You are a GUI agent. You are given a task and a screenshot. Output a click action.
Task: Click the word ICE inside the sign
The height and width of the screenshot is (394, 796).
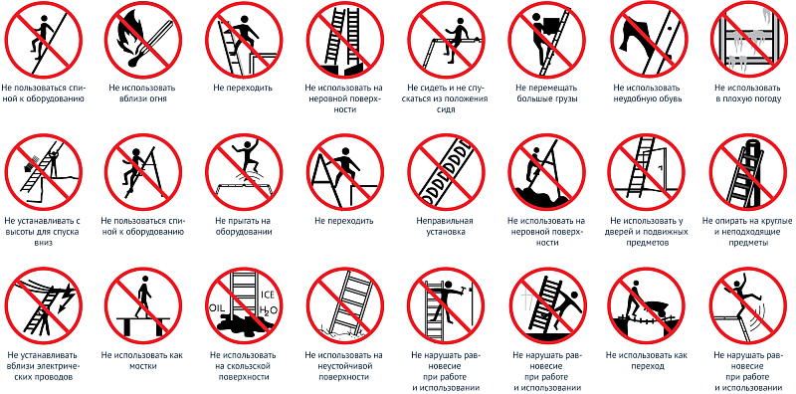pos(268,294)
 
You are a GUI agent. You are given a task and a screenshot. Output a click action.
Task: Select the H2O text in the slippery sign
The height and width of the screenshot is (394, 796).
pos(268,310)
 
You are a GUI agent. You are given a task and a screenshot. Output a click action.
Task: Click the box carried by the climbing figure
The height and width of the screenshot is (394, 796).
pos(550,26)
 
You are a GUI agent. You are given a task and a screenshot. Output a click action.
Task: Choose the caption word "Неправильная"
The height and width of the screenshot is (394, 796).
pos(444,221)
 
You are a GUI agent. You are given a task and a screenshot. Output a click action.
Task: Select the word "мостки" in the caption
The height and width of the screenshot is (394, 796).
pos(142,365)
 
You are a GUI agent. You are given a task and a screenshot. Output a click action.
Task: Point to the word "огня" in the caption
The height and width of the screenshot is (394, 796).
pos(157,99)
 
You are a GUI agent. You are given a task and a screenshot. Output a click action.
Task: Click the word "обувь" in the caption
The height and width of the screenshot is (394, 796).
pos(666,99)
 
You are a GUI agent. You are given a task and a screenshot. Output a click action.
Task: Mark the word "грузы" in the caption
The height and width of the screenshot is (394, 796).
pos(565,99)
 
